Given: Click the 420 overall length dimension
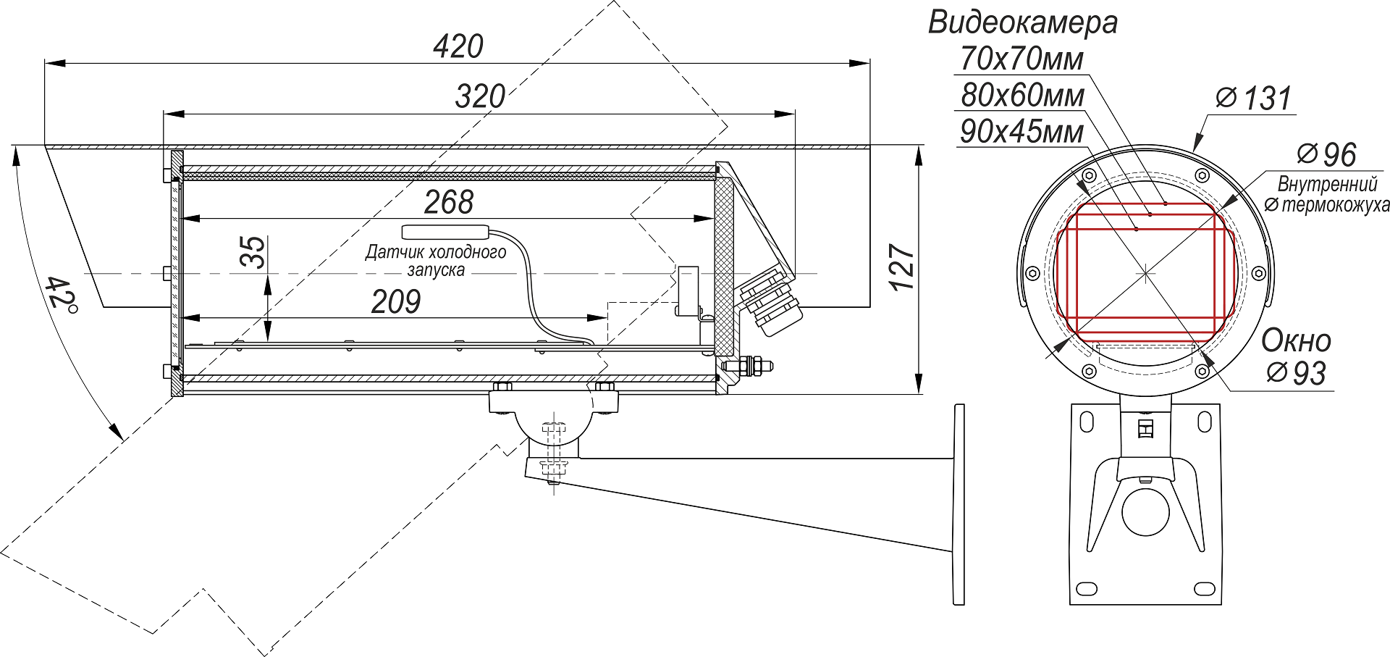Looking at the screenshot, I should [x=458, y=47].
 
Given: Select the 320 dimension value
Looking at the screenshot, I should [x=480, y=96].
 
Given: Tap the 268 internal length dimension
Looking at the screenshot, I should [x=449, y=202].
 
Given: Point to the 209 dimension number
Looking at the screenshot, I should [x=396, y=302].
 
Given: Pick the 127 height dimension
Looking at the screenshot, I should [x=903, y=268].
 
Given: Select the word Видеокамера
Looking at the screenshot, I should [x=1022, y=22].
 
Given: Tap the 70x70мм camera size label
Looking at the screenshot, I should [x=1022, y=59].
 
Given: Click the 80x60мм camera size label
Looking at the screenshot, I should [x=1022, y=95].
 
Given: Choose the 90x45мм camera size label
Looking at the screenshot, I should [x=1022, y=132].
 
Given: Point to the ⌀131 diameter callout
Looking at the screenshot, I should [x=1254, y=99].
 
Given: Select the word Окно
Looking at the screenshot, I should [x=1296, y=340].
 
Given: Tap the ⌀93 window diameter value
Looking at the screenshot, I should [x=1297, y=373].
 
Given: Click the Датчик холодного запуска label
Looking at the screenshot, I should [x=436, y=261].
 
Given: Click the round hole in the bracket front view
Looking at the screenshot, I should [x=1145, y=511].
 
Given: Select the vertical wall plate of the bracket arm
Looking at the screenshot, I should [x=959, y=504].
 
